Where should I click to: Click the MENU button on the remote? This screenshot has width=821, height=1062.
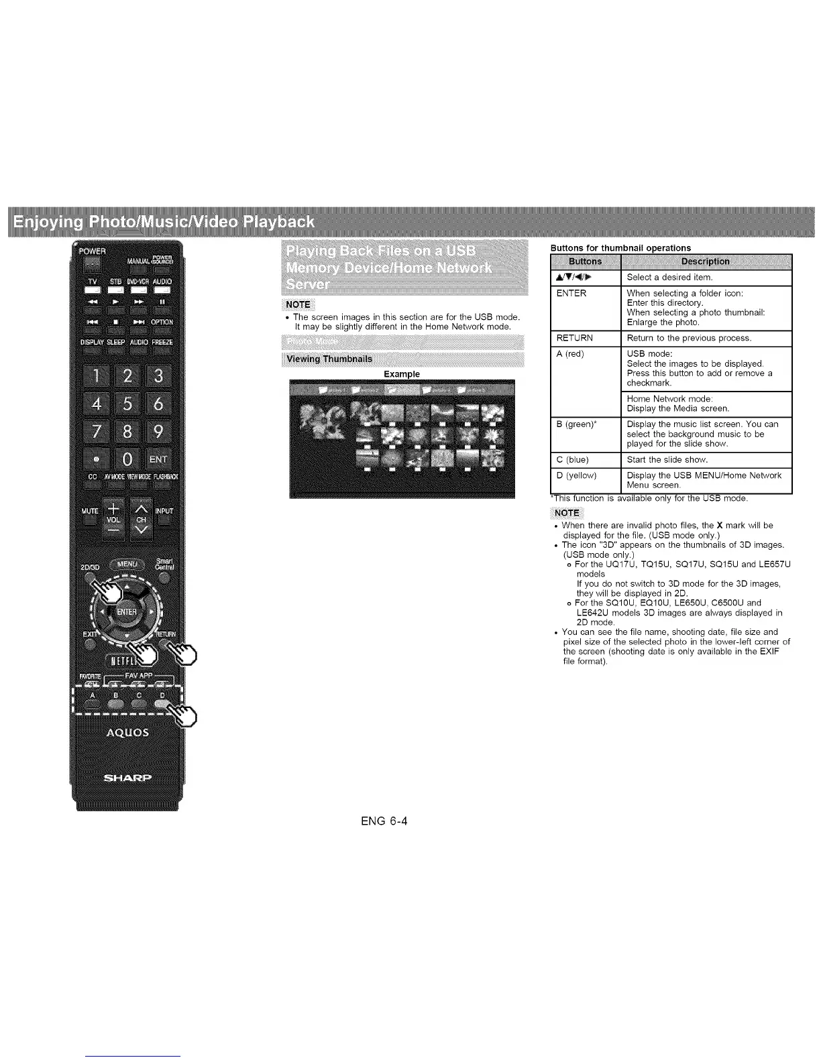(x=127, y=565)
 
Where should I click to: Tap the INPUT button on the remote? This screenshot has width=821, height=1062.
(x=164, y=511)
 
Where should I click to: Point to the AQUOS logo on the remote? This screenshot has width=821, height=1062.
(x=127, y=732)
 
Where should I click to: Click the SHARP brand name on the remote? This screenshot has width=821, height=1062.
(x=127, y=778)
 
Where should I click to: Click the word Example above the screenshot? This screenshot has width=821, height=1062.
(x=401, y=374)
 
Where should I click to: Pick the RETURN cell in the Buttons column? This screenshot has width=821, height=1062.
(x=586, y=338)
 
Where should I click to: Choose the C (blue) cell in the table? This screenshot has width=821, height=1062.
(x=586, y=460)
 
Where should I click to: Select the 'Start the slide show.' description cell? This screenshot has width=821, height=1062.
(x=708, y=460)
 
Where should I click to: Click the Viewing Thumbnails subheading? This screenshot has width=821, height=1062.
(x=329, y=359)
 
